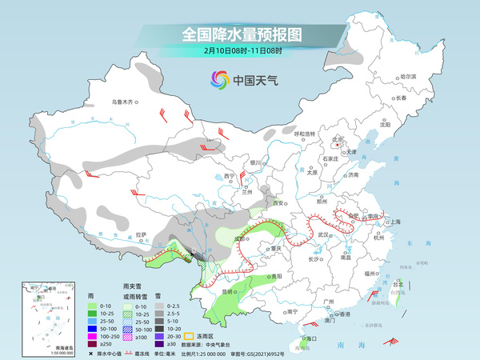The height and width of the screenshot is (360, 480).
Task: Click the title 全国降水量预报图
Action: [241, 34]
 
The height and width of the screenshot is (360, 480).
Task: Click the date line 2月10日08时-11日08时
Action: [241, 50]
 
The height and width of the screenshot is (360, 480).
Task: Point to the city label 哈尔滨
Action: [409, 76]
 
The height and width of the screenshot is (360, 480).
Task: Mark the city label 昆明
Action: [230, 292]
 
